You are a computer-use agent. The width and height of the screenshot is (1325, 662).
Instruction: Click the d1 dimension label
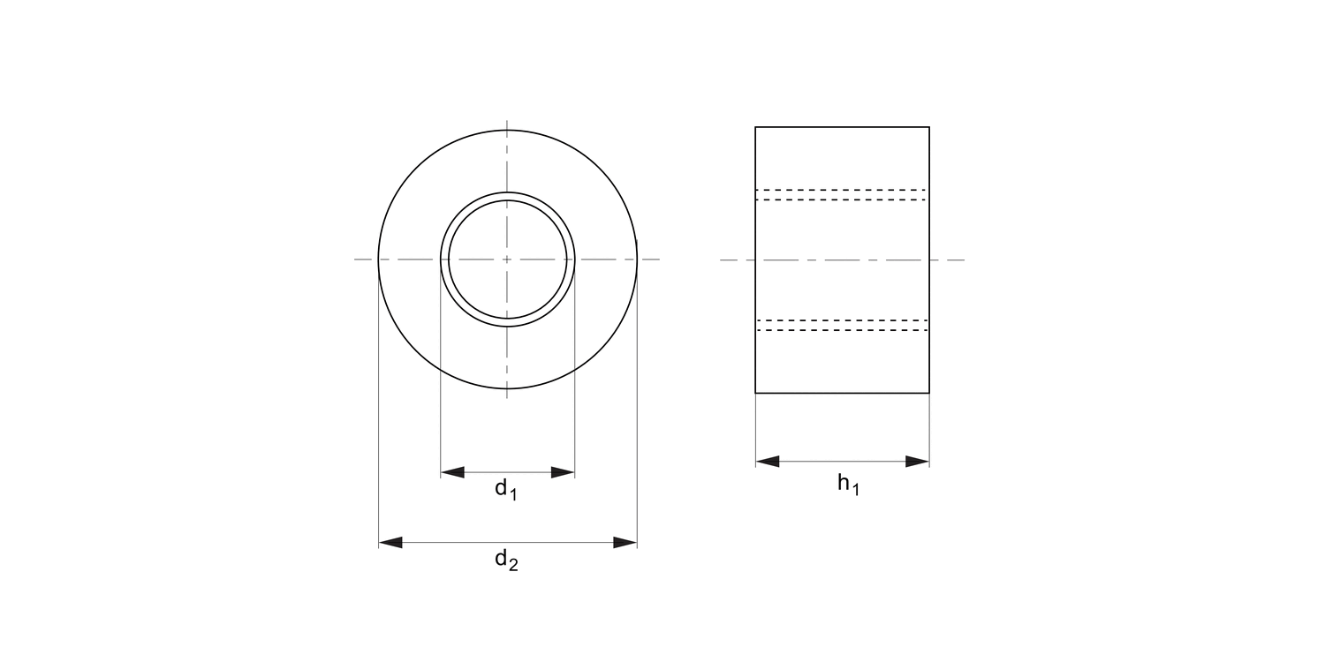pyautogui.click(x=505, y=489)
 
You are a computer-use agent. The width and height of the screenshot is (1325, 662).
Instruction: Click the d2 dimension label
pyautogui.click(x=506, y=560)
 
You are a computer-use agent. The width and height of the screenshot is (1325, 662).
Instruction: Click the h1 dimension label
pyautogui.click(x=848, y=485)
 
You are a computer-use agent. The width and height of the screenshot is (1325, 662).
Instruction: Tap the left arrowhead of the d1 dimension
pyautogui.click(x=451, y=472)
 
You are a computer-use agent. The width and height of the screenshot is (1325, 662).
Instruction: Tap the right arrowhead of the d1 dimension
pyautogui.click(x=564, y=472)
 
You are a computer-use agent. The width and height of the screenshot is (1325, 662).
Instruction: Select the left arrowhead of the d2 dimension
pyautogui.click(x=390, y=542)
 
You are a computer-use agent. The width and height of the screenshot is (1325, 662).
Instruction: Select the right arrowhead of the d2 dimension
pyautogui.click(x=625, y=542)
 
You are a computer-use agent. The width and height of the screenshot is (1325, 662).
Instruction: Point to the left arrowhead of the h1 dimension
pyautogui.click(x=767, y=461)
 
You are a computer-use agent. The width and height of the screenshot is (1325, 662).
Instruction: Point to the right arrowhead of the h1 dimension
pyautogui.click(x=918, y=461)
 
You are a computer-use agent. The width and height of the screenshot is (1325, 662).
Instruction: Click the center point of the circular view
pyautogui.click(x=507, y=260)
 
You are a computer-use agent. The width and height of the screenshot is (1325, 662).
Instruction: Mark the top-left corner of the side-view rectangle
pyautogui.click(x=755, y=127)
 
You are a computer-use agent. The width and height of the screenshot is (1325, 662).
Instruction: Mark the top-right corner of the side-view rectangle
pyautogui.click(x=929, y=127)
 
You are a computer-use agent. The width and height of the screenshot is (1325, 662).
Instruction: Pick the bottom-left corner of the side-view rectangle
pyautogui.click(x=755, y=393)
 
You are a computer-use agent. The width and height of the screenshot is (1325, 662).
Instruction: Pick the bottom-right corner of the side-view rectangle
pyautogui.click(x=929, y=393)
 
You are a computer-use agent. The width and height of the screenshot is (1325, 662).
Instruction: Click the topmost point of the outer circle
pyautogui.click(x=507, y=131)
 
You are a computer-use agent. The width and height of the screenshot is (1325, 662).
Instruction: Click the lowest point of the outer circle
pyautogui.click(x=507, y=389)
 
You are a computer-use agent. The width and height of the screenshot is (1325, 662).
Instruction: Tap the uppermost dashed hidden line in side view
pyautogui.click(x=842, y=190)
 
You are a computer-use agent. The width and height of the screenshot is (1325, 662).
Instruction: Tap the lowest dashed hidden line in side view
pyautogui.click(x=842, y=330)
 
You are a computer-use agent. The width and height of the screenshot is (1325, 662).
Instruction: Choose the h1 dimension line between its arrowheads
pyautogui.click(x=842, y=461)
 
